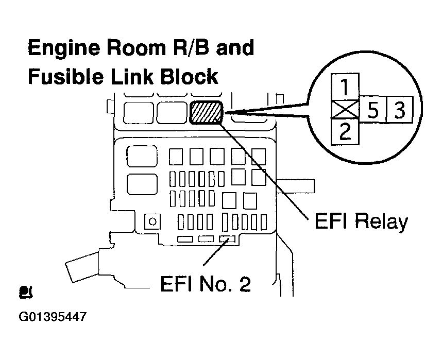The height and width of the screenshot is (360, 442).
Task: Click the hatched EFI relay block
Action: click(206, 112)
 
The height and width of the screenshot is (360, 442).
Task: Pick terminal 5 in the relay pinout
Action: click(371, 109)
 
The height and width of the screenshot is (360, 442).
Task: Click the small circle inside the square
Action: click(152, 221)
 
